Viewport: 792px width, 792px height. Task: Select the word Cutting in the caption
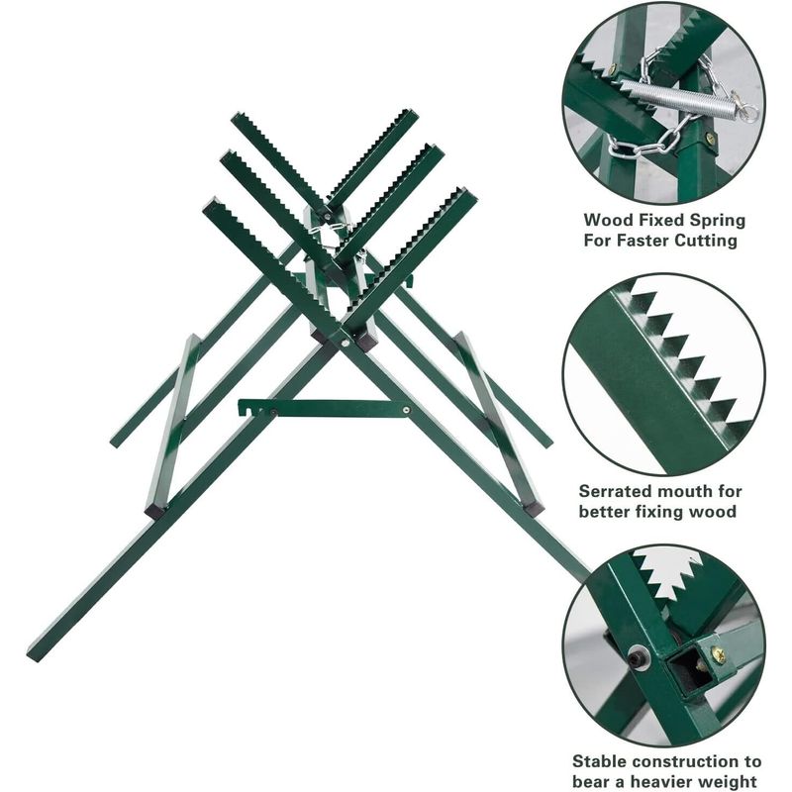[708, 241]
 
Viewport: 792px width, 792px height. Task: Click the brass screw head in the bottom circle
[719, 655]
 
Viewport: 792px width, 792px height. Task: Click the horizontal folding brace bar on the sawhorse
[325, 408]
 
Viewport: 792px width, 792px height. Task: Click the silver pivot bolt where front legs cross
[345, 343]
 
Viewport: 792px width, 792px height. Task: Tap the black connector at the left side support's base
[155, 511]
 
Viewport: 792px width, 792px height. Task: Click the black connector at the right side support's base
[534, 508]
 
